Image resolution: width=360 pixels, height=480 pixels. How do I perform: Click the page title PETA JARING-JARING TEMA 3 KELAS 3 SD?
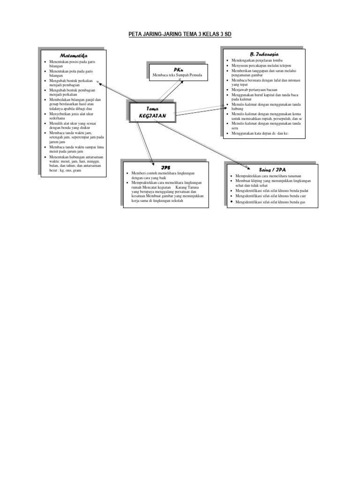(x=180, y=35)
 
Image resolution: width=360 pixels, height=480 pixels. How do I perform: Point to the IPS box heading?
(x=166, y=167)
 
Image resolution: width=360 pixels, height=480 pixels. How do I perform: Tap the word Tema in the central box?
(x=152, y=108)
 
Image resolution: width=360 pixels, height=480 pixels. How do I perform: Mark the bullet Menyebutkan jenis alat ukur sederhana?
(x=71, y=116)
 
